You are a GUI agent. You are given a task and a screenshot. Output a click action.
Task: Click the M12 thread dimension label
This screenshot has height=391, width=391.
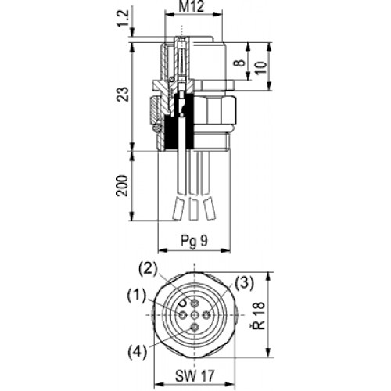(x=192, y=6)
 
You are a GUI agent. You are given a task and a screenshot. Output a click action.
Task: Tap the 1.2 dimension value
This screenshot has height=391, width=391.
(x=123, y=19)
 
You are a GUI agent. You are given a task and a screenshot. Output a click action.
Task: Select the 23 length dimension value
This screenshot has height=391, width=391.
(x=123, y=94)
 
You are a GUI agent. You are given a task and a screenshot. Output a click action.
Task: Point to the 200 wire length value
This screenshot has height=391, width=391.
(x=123, y=186)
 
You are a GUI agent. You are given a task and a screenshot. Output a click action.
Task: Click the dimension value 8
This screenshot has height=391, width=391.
(x=240, y=63)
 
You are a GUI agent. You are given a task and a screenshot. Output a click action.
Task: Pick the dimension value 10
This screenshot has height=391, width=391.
(x=260, y=68)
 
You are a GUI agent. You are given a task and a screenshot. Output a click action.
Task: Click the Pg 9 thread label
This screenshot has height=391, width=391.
(x=195, y=241)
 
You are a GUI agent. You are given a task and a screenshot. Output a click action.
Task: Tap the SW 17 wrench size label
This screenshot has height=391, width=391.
(x=195, y=376)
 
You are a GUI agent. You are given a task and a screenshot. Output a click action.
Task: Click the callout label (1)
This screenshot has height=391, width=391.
(x=136, y=296)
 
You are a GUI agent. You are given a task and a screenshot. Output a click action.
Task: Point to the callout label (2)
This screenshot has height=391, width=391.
(x=148, y=269)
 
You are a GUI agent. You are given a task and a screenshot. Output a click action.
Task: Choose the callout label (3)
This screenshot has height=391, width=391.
(x=244, y=284)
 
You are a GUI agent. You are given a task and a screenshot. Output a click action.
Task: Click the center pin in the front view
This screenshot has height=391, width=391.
(x=195, y=315)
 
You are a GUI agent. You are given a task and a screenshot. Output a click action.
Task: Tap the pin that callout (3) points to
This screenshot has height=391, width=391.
(x=207, y=315)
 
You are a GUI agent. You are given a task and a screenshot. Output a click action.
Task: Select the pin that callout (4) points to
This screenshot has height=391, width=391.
(x=195, y=327)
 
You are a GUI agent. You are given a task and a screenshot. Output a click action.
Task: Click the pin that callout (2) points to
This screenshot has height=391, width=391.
(x=195, y=303)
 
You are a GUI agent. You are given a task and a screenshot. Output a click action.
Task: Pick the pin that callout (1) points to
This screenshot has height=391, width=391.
(x=183, y=315)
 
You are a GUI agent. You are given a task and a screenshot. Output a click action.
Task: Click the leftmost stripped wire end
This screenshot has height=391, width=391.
(x=178, y=208)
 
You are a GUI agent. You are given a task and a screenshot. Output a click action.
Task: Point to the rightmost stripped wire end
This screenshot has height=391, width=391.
(x=209, y=208)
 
